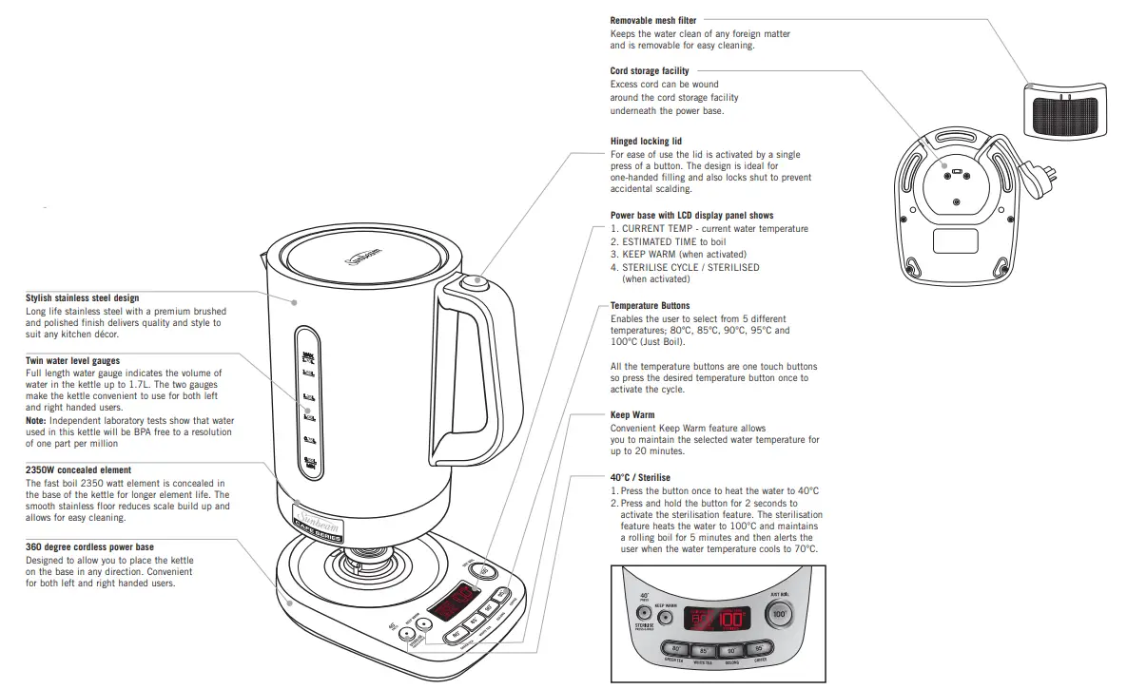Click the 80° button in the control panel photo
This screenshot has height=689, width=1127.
670,650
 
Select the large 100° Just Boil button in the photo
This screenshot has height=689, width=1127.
780,613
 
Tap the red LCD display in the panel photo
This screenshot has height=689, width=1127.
717,618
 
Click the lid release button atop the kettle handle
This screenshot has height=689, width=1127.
473,282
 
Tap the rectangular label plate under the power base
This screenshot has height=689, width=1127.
955,240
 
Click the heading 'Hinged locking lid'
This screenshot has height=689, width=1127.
646,142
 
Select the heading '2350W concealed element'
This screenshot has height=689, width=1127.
78,470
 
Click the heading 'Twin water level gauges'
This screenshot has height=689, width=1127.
72,361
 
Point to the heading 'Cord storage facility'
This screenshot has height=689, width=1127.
650,71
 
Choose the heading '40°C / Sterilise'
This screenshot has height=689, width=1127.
640,477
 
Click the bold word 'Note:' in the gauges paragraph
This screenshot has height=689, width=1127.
36,420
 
